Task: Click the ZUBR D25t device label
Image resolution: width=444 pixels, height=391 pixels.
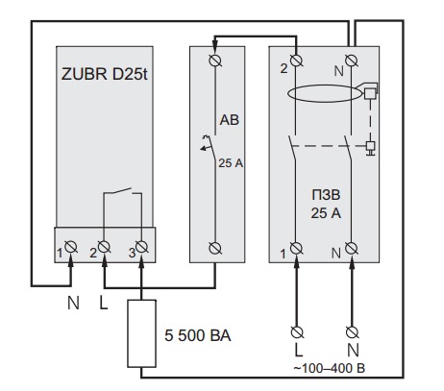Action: click(104, 74)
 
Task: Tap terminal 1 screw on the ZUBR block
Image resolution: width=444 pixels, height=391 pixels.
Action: click(70, 247)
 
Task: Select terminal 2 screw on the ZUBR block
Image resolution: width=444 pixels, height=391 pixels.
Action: click(104, 247)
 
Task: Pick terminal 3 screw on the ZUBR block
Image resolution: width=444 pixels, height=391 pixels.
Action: click(141, 247)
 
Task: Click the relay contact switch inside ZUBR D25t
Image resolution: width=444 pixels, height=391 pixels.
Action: click(122, 191)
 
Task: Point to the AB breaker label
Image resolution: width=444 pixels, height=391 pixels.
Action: click(230, 120)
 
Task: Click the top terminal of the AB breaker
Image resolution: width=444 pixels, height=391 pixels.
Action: click(215, 61)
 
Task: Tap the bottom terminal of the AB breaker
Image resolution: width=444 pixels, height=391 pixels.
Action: click(215, 248)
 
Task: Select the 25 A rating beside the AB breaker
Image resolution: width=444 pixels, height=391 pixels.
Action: click(231, 163)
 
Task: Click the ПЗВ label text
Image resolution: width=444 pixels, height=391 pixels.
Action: click(326, 195)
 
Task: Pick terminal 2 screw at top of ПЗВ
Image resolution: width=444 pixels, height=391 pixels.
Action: click(296, 61)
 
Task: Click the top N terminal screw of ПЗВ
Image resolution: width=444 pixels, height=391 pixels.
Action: click(352, 61)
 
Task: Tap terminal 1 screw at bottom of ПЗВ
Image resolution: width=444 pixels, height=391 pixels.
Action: click(296, 248)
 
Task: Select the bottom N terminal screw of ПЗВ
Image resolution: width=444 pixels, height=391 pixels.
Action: click(352, 248)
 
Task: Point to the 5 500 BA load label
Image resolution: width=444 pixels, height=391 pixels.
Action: click(198, 335)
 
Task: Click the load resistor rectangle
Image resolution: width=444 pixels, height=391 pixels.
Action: click(142, 333)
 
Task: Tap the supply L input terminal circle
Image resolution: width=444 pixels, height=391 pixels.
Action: click(297, 332)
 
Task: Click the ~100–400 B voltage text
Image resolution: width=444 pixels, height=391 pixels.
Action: click(330, 368)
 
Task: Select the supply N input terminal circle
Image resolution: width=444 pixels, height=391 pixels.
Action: click(353, 332)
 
